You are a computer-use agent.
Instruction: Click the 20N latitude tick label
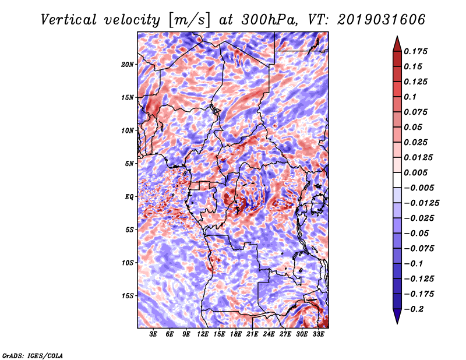[x=128, y=65]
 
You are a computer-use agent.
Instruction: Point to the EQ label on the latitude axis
[x=129, y=197]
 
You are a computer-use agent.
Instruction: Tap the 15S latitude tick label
[x=128, y=296]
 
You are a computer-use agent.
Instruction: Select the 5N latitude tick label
[x=129, y=164]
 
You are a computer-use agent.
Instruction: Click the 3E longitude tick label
[x=153, y=334]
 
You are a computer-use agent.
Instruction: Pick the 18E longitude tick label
[x=236, y=334]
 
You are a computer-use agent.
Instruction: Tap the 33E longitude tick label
[x=318, y=334]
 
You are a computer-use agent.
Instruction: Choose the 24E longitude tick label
[x=269, y=334]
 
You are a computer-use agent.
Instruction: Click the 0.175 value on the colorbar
[x=415, y=51]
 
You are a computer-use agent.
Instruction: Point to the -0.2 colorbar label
[x=414, y=309]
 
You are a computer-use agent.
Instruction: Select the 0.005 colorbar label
[x=415, y=172]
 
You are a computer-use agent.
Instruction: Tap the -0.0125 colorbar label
[x=421, y=203]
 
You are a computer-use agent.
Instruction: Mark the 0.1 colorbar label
[x=410, y=97]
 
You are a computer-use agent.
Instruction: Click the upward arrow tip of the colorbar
[x=397, y=36]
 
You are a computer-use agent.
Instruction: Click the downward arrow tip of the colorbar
[x=397, y=323]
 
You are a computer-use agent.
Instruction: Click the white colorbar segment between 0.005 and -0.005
[x=397, y=180]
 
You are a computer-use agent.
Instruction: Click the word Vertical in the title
[x=69, y=20]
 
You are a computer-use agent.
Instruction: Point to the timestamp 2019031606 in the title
[x=382, y=20]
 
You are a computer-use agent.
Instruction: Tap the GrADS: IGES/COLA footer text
[x=33, y=355]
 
